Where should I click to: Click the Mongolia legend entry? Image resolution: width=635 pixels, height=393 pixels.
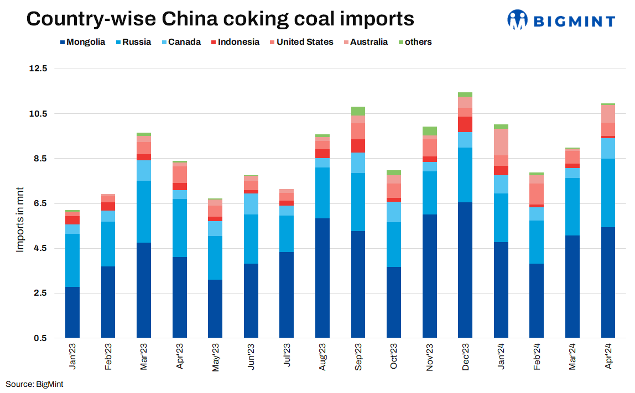[82, 42]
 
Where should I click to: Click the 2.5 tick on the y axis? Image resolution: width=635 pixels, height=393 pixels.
[40, 293]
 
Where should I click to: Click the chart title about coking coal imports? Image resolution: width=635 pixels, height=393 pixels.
[220, 19]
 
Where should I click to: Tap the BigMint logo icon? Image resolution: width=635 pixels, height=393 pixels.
[518, 19]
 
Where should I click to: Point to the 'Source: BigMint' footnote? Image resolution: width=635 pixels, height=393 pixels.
[34, 384]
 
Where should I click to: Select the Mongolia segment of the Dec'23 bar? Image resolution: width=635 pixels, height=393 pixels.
[465, 270]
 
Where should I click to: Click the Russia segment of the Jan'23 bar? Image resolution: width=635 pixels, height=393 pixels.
[72, 260]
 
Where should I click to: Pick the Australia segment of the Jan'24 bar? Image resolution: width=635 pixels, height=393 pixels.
[501, 142]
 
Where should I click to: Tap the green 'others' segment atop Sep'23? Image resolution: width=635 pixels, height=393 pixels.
[358, 111]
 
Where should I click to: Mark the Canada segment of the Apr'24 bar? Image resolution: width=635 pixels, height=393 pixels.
[608, 148]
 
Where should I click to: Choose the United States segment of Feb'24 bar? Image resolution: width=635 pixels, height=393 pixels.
[537, 194]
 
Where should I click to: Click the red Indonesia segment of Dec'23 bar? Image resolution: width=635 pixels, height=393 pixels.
[465, 124]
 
